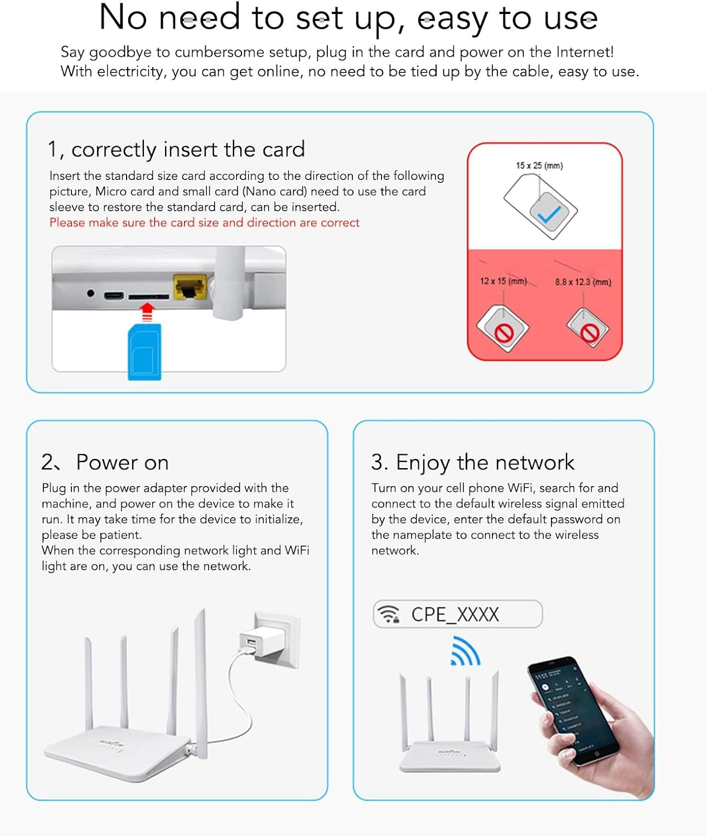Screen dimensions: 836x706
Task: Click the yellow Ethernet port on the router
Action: pyautogui.click(x=190, y=286)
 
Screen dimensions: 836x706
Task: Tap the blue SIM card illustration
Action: pyautogui.click(x=144, y=352)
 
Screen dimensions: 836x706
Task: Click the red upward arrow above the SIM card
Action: pyautogui.click(x=147, y=312)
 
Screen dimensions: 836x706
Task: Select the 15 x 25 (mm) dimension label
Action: pyautogui.click(x=539, y=166)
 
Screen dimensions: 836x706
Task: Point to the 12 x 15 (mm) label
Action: pyautogui.click(x=503, y=281)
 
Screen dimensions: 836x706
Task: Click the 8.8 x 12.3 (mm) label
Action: pyautogui.click(x=583, y=282)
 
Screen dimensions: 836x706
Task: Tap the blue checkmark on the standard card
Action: pyautogui.click(x=549, y=214)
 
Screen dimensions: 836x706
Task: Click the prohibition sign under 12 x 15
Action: pyautogui.click(x=504, y=333)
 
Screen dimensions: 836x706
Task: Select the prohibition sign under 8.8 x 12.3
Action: pyautogui.click(x=589, y=333)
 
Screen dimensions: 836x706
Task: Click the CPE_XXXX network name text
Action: pyautogui.click(x=455, y=614)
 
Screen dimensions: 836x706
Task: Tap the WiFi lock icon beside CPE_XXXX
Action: pyautogui.click(x=388, y=614)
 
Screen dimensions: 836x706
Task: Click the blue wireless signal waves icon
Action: pyautogui.click(x=465, y=652)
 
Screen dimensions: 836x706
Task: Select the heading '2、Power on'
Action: pyautogui.click(x=105, y=463)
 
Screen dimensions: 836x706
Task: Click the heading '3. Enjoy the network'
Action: pyautogui.click(x=472, y=463)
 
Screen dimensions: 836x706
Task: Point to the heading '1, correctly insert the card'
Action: pyautogui.click(x=176, y=149)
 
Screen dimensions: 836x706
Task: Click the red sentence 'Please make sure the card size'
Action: pyautogui.click(x=204, y=223)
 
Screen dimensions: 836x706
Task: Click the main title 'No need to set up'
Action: pyautogui.click(x=348, y=18)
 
